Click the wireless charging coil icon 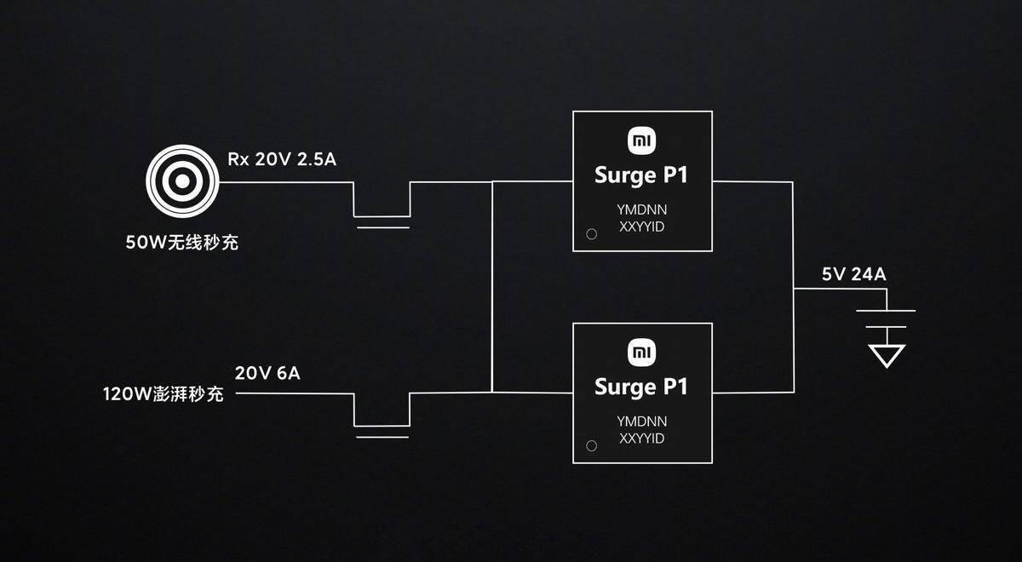tap(182, 181)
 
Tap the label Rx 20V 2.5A tap(282, 159)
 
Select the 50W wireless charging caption tap(182, 242)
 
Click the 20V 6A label tap(267, 373)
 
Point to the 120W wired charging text tap(164, 394)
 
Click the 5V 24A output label tap(854, 274)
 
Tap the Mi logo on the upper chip tap(642, 141)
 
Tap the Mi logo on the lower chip tap(642, 353)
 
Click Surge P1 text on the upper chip tap(641, 176)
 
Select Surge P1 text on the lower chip tap(641, 387)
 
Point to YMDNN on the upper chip tap(642, 209)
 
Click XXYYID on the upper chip tap(642, 227)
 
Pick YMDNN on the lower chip tap(642, 421)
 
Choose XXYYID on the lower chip tap(642, 439)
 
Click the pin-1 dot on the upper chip tap(592, 234)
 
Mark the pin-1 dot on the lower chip tap(592, 445)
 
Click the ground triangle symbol tap(887, 356)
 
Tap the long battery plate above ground tap(886, 311)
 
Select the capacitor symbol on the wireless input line tap(382, 221)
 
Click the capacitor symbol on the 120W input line tap(382, 432)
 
